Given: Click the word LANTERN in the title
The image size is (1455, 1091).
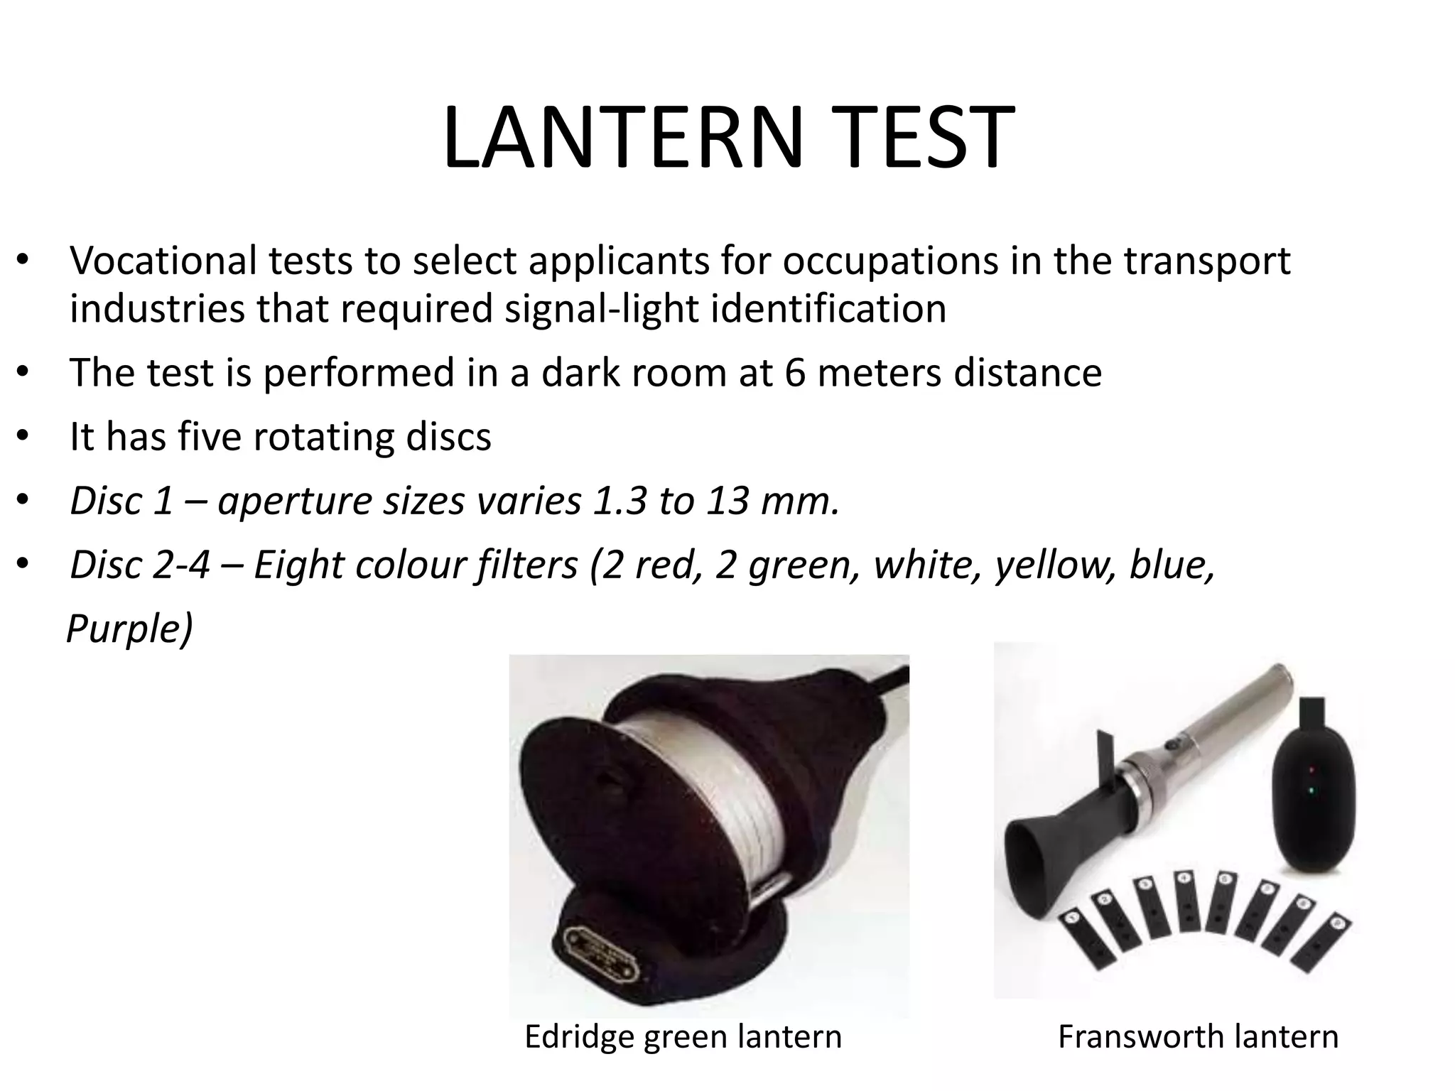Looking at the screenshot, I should (x=622, y=138).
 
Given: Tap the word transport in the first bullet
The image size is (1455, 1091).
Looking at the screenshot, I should (x=1208, y=261).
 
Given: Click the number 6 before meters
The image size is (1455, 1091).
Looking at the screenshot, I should (x=796, y=372).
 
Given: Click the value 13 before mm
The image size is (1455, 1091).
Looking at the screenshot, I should (x=727, y=500).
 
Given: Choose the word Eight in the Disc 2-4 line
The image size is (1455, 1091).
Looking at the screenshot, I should (x=298, y=564).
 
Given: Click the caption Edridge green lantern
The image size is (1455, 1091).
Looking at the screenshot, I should (x=683, y=1036).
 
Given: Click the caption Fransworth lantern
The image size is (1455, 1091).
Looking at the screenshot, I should (x=1198, y=1036).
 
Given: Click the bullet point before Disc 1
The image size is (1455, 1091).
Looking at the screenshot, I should (x=22, y=501).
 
